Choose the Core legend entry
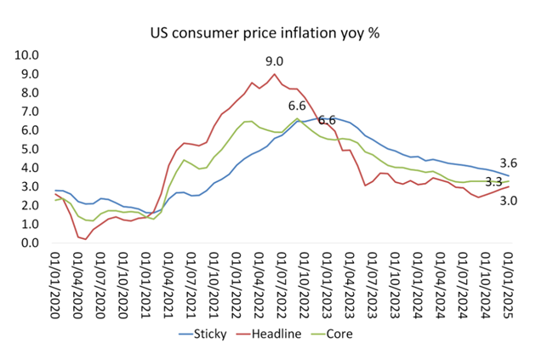coord(339,334)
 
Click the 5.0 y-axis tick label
coord(31,149)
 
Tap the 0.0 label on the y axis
coord(31,243)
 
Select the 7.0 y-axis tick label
coord(31,111)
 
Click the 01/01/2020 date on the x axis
coord(57,283)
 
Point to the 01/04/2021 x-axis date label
coord(167,283)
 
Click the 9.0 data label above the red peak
coord(274,61)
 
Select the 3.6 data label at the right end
coord(508,163)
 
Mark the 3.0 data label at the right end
coord(508,200)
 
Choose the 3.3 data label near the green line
coord(494,182)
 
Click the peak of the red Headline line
coord(274,74)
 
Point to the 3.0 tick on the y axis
coord(31,187)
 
